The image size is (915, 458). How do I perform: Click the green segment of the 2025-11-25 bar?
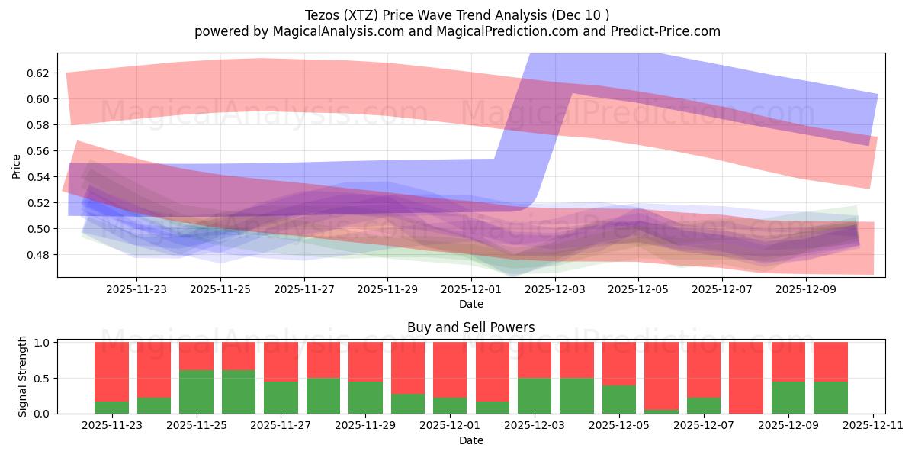pos(196,392)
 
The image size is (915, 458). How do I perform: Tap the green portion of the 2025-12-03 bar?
pos(535,395)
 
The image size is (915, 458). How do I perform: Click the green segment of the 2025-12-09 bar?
pos(788,397)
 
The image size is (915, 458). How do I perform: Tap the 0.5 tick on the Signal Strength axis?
pos(43,378)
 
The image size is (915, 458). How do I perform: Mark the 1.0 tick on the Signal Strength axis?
pos(43,343)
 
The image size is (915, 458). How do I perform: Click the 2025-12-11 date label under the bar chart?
pos(873,425)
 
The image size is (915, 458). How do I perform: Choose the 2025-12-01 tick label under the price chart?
pos(470,290)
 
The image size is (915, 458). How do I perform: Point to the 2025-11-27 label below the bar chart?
pos(281,425)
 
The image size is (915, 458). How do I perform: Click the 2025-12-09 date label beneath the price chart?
pos(806,290)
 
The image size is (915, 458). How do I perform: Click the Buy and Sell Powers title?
pos(470,327)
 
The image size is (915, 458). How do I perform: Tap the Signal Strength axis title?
pos(23,376)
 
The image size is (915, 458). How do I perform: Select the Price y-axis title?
pos(17,166)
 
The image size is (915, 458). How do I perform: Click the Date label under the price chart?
pos(470,305)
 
